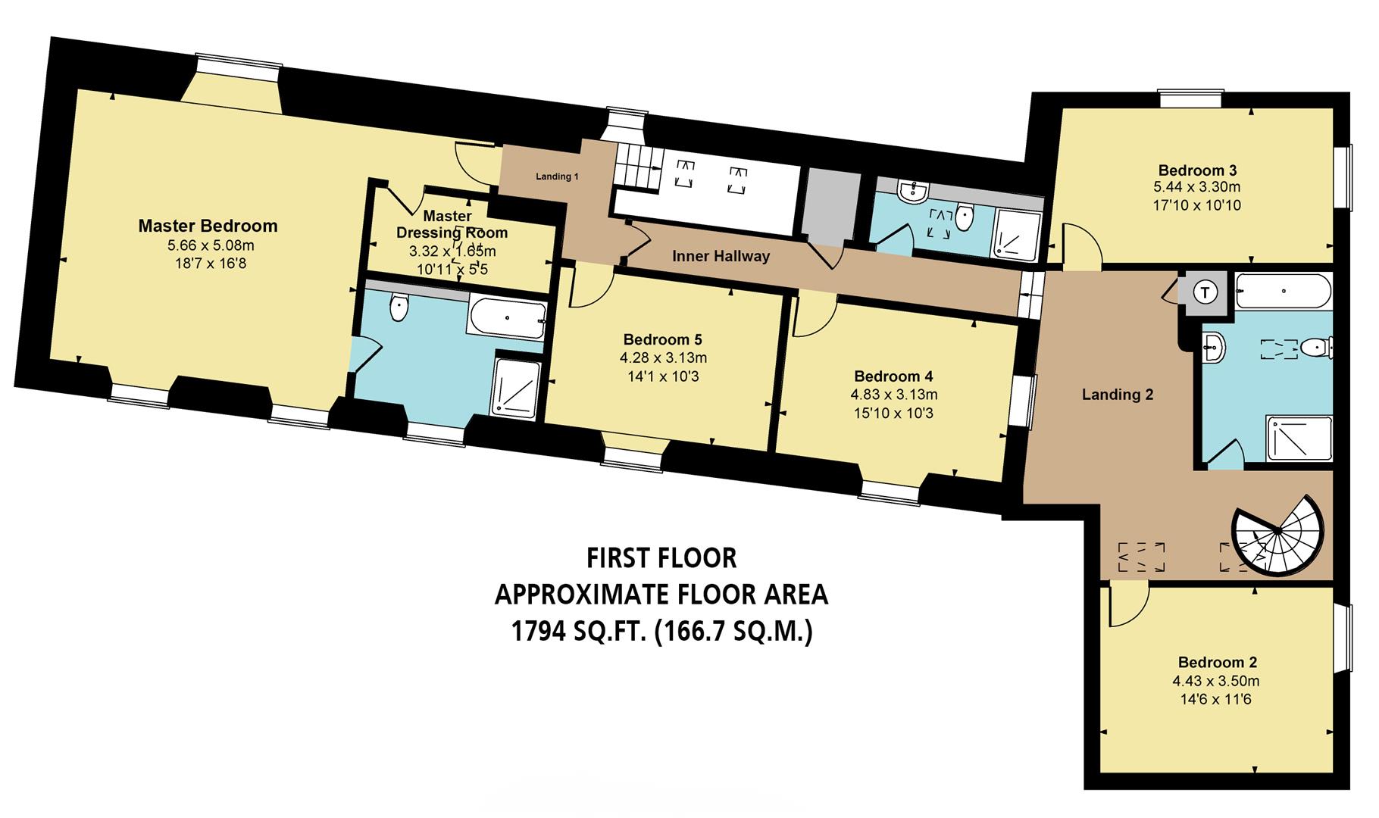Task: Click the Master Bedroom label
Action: (x=208, y=226)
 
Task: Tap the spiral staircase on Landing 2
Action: (x=1278, y=535)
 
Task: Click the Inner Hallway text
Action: (x=721, y=256)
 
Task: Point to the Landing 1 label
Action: (x=557, y=176)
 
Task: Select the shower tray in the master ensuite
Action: (x=517, y=386)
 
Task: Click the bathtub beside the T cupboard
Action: (x=1282, y=291)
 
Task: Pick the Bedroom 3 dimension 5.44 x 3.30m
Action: (x=1196, y=187)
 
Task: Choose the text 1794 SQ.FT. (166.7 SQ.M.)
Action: (x=661, y=631)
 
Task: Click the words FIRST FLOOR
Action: (x=661, y=558)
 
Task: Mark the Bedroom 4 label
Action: (x=893, y=376)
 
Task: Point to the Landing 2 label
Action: (x=1117, y=395)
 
